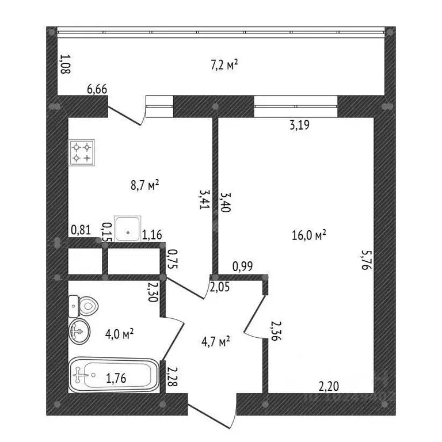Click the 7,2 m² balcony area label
coord(224,65)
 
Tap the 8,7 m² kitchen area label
coord(145,185)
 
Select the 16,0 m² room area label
coord(309,235)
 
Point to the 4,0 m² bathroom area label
coord(119,334)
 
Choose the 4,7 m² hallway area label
coord(216,341)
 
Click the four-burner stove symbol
coord(82,153)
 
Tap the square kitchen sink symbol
coord(127,228)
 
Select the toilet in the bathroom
coord(83,306)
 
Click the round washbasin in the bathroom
coord(79,331)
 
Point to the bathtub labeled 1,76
coord(114,375)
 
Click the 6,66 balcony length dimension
coord(97,89)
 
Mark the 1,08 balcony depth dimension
coord(66,64)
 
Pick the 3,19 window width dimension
coord(300,125)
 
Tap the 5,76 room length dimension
coord(367,260)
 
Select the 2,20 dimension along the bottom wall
coord(329,386)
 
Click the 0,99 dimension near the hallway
coord(243,266)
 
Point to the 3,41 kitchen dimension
coord(205,199)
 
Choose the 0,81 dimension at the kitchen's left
coord(81,230)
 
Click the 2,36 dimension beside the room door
coord(276,331)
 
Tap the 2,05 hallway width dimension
coord(220,287)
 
